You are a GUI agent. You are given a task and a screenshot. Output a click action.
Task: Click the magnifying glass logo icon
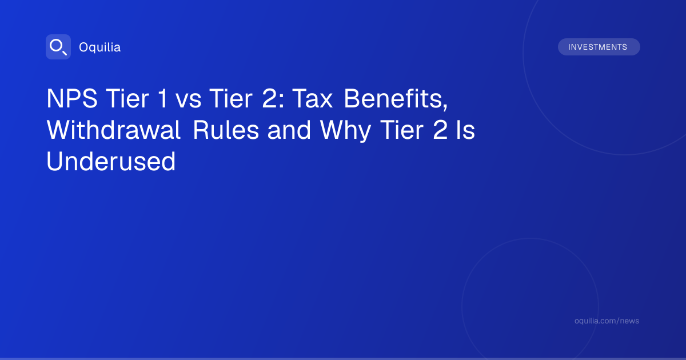(x=58, y=47)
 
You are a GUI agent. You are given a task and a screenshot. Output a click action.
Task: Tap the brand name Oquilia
(x=100, y=47)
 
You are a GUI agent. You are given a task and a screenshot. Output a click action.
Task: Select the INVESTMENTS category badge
(x=599, y=47)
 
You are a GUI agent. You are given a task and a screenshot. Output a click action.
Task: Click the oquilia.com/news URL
(x=607, y=321)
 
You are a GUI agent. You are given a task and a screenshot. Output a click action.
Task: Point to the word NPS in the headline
(x=72, y=98)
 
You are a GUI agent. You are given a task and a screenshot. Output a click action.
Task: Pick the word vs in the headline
(x=188, y=100)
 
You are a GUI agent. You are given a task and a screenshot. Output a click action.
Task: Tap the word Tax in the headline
(x=312, y=98)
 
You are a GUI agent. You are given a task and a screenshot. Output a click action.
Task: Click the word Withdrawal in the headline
(x=113, y=130)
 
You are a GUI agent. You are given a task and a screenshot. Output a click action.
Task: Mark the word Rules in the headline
(x=226, y=130)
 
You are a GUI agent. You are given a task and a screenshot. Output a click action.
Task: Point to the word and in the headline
(x=289, y=130)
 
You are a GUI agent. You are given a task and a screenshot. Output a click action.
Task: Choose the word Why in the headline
(x=345, y=131)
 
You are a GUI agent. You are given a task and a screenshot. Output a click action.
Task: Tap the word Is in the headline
(x=465, y=130)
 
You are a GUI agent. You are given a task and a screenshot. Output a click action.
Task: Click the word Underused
(x=111, y=161)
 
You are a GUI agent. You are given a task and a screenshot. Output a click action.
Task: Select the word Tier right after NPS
(x=127, y=98)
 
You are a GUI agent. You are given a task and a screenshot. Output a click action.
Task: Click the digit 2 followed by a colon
(x=273, y=98)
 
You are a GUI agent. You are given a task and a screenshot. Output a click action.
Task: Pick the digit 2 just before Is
(x=440, y=130)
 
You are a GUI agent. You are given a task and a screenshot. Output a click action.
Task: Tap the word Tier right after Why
(x=402, y=130)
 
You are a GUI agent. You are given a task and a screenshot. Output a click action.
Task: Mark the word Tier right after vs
(x=231, y=98)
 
